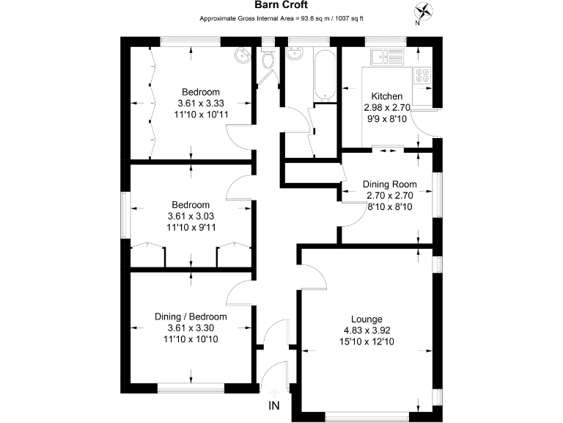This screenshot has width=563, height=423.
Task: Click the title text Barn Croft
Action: (x=281, y=6)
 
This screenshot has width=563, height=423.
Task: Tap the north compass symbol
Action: (x=424, y=11)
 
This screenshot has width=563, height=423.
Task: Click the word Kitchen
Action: (x=386, y=96)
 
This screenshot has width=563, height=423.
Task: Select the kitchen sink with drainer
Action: (x=386, y=56)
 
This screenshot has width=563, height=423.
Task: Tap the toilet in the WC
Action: (x=268, y=61)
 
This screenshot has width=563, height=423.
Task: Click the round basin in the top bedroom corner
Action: (x=243, y=55)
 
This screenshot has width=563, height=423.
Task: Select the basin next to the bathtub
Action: (x=297, y=54)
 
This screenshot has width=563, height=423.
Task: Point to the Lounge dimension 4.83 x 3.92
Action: (x=366, y=330)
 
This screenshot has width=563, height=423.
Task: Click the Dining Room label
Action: (x=390, y=184)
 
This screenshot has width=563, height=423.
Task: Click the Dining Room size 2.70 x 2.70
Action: (x=390, y=195)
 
